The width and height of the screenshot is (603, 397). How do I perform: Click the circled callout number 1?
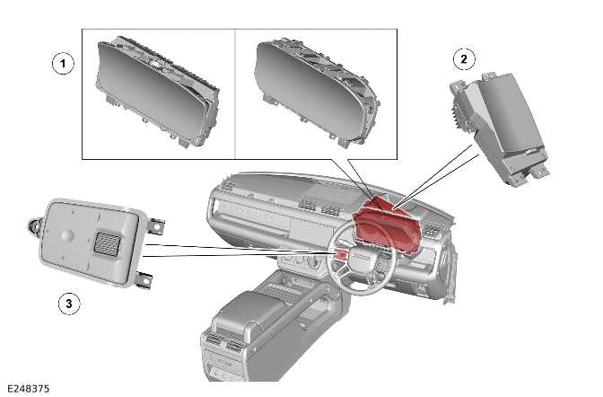(61, 64)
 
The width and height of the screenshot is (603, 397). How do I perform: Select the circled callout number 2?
(463, 59)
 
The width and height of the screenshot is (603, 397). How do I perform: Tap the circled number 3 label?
(67, 304)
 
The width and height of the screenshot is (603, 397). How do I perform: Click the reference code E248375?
(26, 389)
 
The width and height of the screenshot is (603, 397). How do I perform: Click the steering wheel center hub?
(358, 260)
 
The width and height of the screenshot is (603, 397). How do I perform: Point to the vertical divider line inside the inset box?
(235, 93)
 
